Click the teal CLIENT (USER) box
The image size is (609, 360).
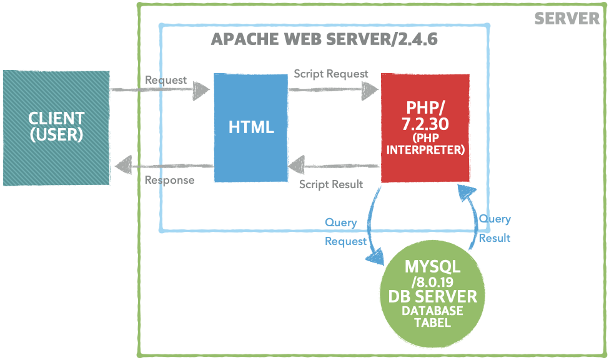[x=56, y=128]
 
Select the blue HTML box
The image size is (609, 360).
[x=250, y=128]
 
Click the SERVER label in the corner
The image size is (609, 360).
[x=567, y=18]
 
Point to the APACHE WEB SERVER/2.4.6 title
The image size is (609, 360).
[x=324, y=39]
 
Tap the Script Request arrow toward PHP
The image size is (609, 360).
[x=334, y=91]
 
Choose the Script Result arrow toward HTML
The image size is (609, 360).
[x=334, y=167]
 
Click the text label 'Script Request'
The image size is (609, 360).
[x=331, y=74]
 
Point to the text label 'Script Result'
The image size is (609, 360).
[x=331, y=184]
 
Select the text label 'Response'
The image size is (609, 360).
[x=169, y=181]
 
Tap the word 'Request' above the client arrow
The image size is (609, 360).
[x=166, y=80]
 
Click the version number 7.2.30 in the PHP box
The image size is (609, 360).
[x=425, y=124]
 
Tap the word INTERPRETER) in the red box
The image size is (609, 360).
[x=425, y=150]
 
